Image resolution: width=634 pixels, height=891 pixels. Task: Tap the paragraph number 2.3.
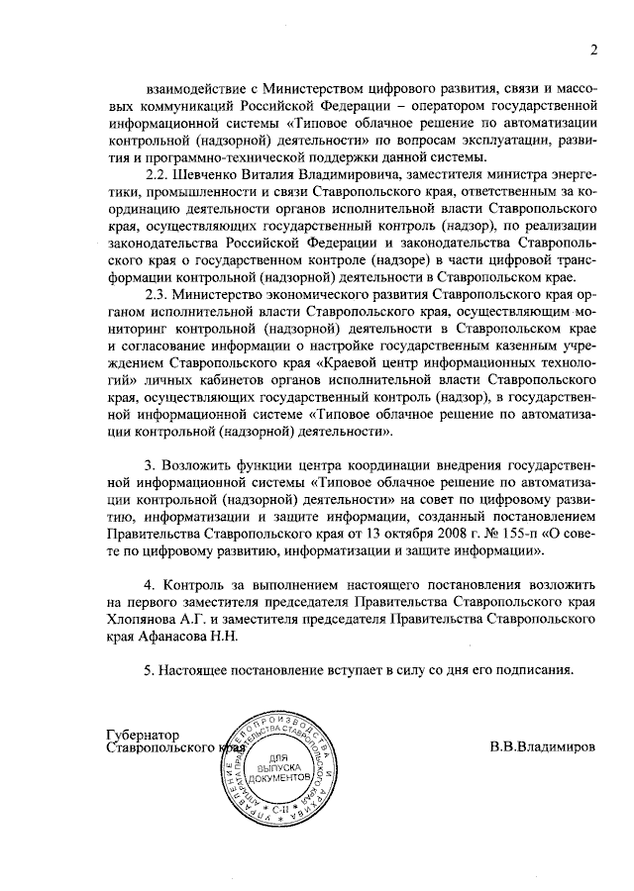tap(158, 295)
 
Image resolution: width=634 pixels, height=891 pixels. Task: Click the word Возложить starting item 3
tap(193, 466)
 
